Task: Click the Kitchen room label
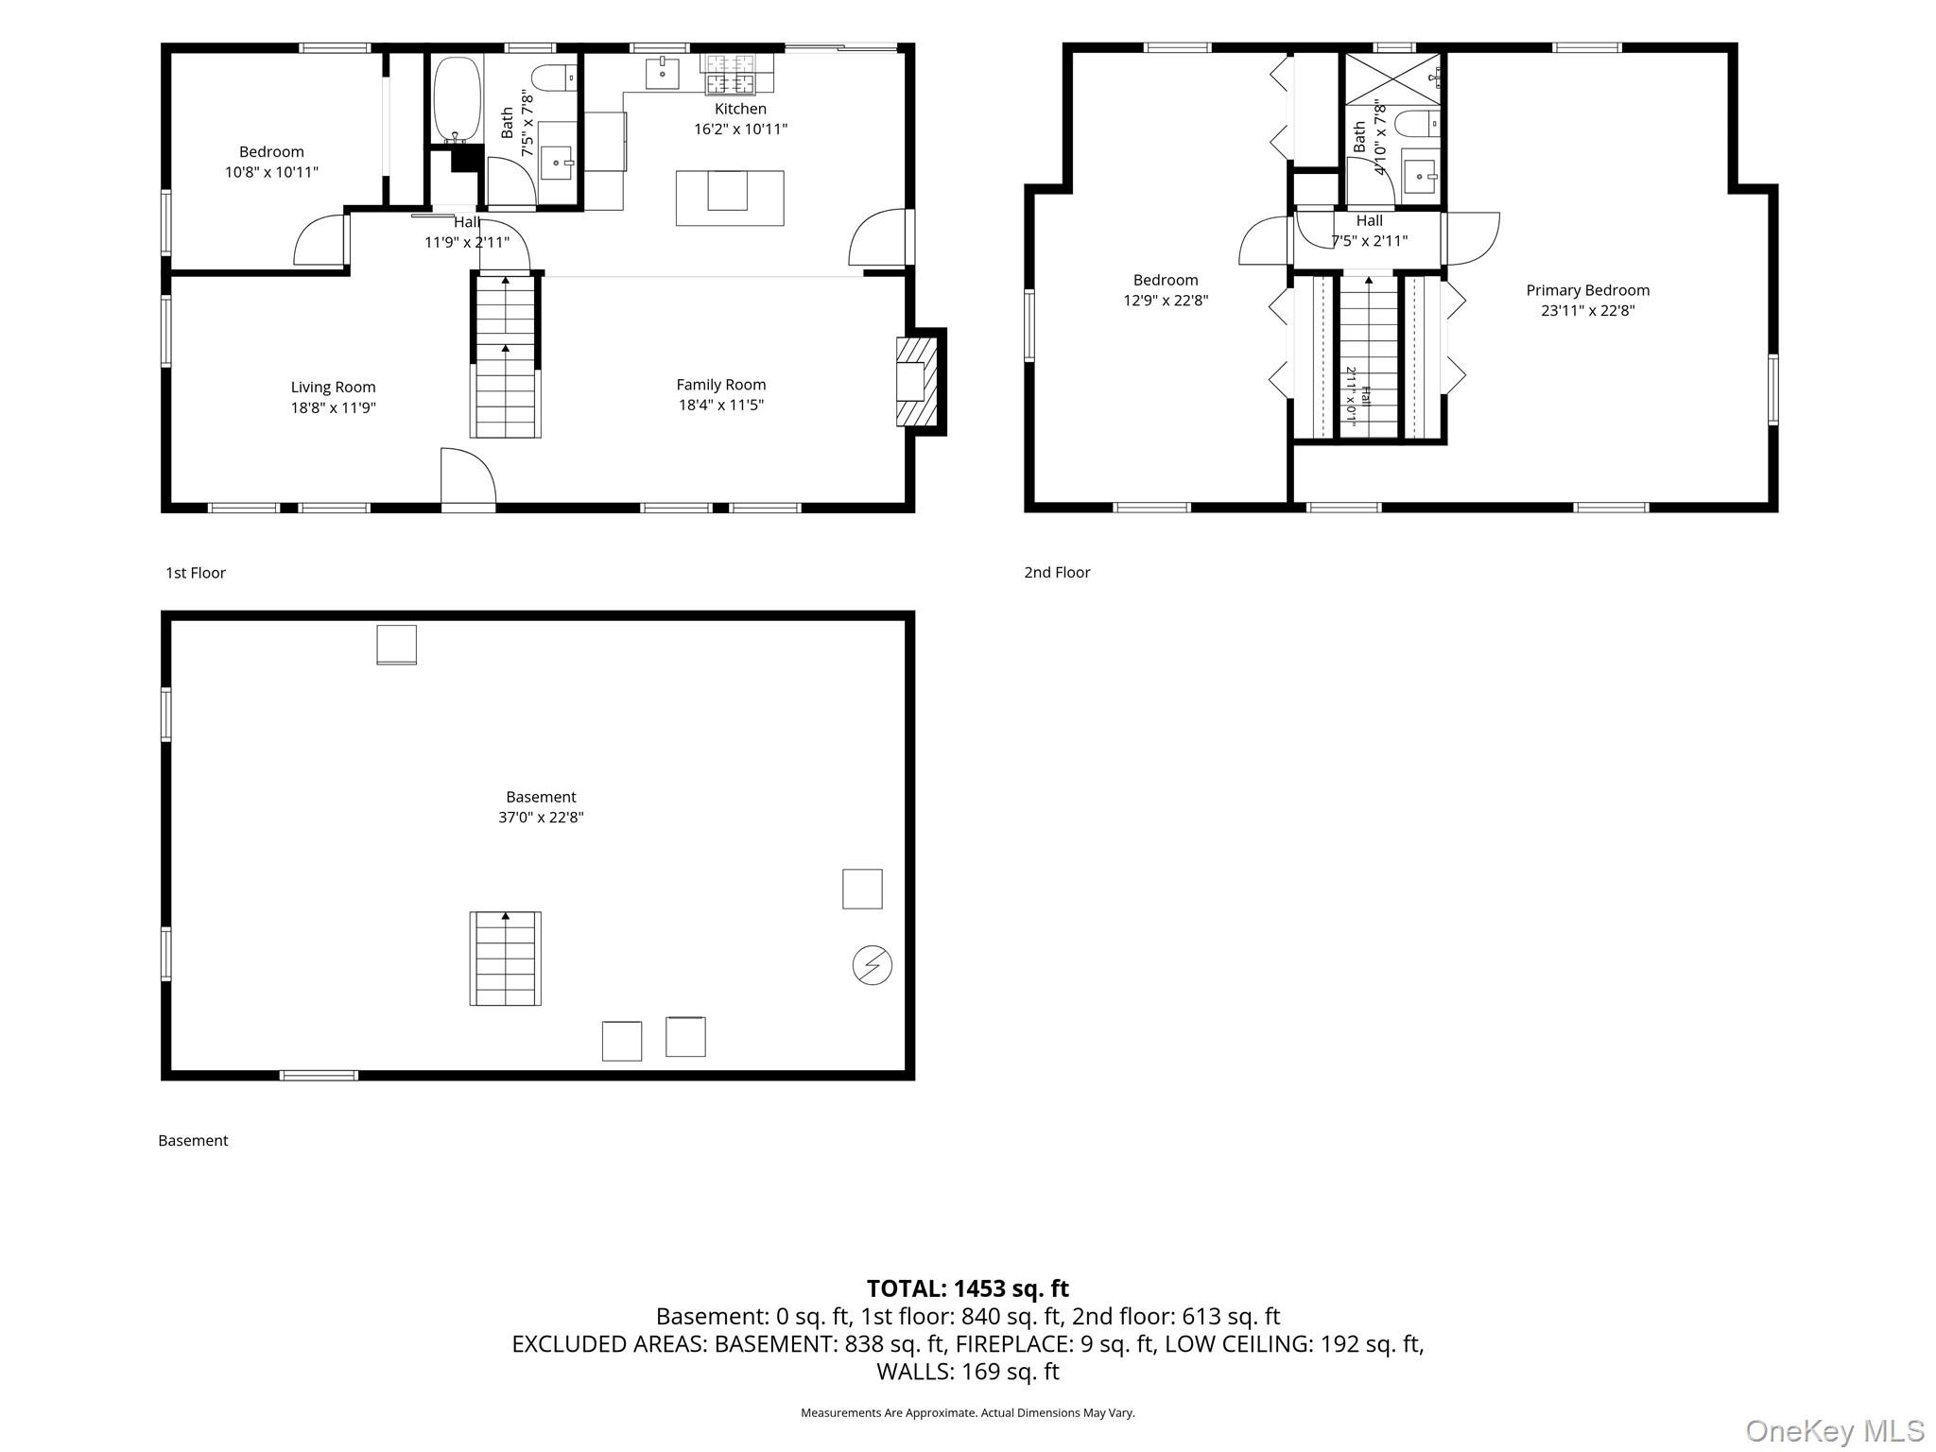[740, 109]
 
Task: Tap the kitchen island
[730, 198]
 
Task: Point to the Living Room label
[333, 387]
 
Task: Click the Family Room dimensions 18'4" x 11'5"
[720, 405]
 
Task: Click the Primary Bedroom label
[1587, 290]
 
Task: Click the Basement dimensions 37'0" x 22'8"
[541, 817]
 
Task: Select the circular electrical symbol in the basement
[872, 965]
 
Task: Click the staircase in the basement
[506, 959]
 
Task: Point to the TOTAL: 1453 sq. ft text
[968, 1288]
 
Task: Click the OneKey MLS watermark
[1835, 1430]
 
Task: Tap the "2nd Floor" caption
[1057, 572]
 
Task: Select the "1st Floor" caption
[196, 572]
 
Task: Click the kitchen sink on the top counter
[662, 73]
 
